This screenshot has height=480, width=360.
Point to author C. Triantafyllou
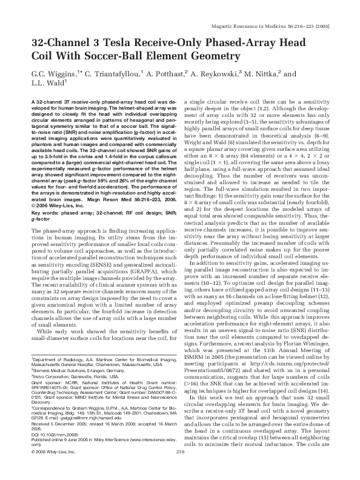point(113,73)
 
